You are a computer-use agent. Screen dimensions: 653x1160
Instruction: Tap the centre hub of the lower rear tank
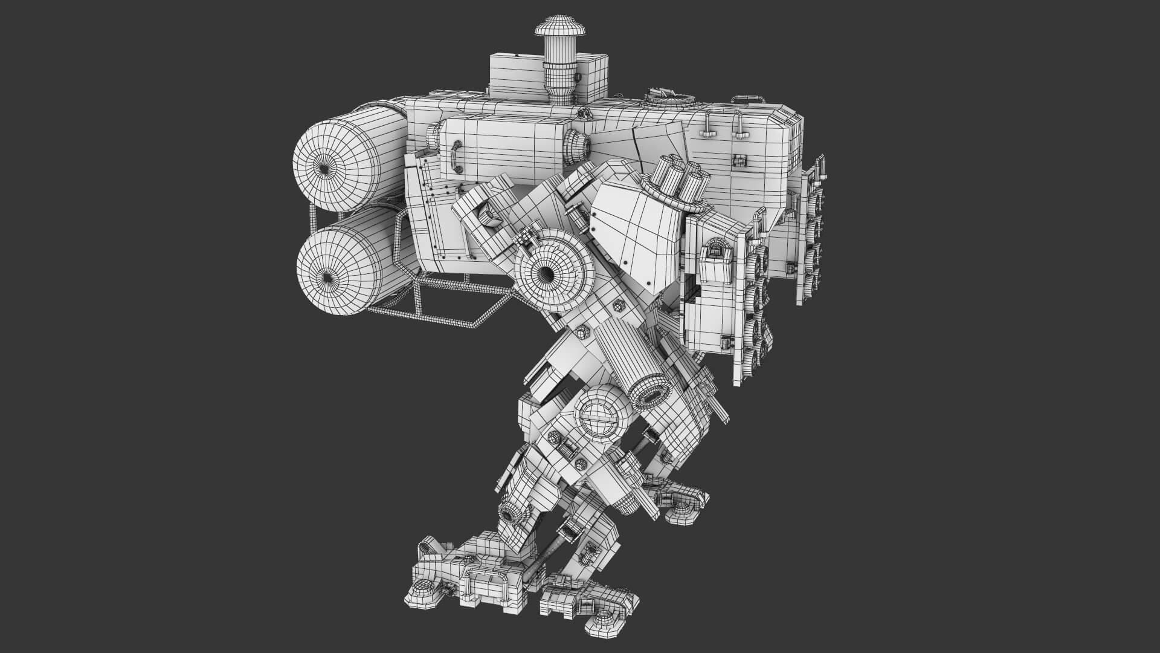[x=326, y=276]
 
